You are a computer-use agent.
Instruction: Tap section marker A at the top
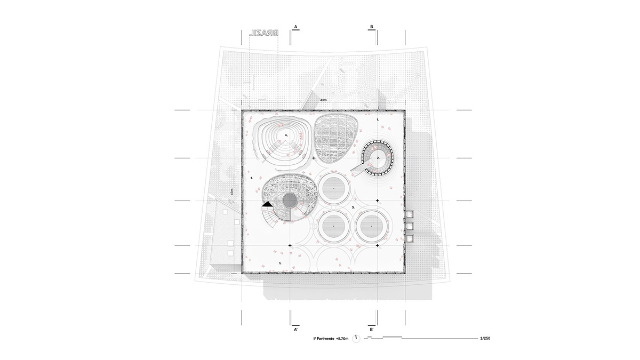295,26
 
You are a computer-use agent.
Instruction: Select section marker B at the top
372,26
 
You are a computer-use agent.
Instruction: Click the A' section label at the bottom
295,330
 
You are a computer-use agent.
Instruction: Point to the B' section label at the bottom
372,330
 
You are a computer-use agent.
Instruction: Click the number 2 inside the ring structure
378,158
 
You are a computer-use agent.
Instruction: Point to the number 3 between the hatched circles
353,206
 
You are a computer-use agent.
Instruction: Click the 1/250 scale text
485,338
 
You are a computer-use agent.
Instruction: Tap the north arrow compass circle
356,338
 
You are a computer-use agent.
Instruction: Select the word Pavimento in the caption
326,338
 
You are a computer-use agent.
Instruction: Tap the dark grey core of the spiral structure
290,201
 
